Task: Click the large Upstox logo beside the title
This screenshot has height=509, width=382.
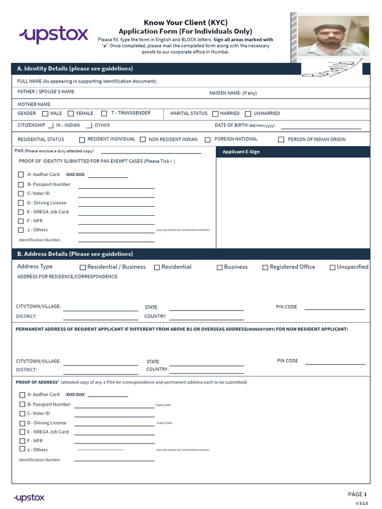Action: coord(54,35)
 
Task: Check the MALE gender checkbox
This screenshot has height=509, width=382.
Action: coord(45,114)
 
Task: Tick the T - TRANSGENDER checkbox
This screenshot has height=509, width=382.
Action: coord(104,114)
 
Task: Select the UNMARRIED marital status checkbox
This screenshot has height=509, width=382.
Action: coord(248,114)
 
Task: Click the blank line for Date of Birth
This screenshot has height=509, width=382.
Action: coord(321,128)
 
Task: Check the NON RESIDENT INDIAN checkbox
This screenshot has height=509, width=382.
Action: coord(143,140)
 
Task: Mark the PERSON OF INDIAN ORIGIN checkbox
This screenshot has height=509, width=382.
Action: coord(281,140)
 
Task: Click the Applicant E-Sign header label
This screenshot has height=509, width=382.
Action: coord(241,152)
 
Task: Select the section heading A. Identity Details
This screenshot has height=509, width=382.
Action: coord(75,69)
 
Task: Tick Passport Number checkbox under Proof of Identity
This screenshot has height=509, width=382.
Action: coord(21,184)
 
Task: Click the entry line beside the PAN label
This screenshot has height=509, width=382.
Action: coord(151,153)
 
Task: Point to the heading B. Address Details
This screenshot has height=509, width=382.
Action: coord(75,254)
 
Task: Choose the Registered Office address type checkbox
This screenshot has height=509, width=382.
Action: coord(265,267)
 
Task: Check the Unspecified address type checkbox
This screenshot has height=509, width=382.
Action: coord(332,267)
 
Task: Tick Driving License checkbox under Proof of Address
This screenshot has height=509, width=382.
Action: coord(22,424)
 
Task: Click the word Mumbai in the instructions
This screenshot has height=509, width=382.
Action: coord(221,52)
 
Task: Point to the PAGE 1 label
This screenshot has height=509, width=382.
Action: coord(357,494)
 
